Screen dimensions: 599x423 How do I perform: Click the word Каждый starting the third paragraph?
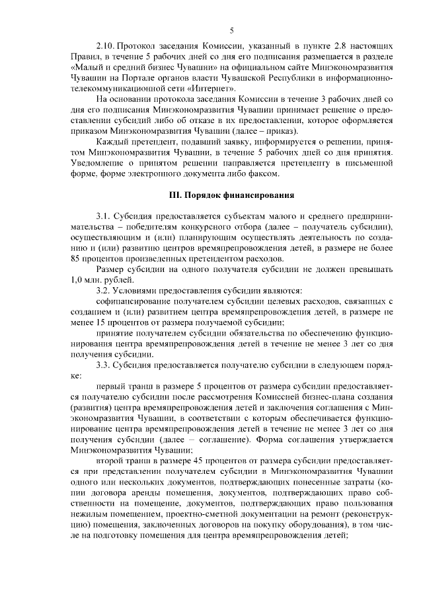click(x=111, y=142)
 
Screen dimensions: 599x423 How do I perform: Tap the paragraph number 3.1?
click(x=104, y=216)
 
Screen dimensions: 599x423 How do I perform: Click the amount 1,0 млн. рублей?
click(x=97, y=279)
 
